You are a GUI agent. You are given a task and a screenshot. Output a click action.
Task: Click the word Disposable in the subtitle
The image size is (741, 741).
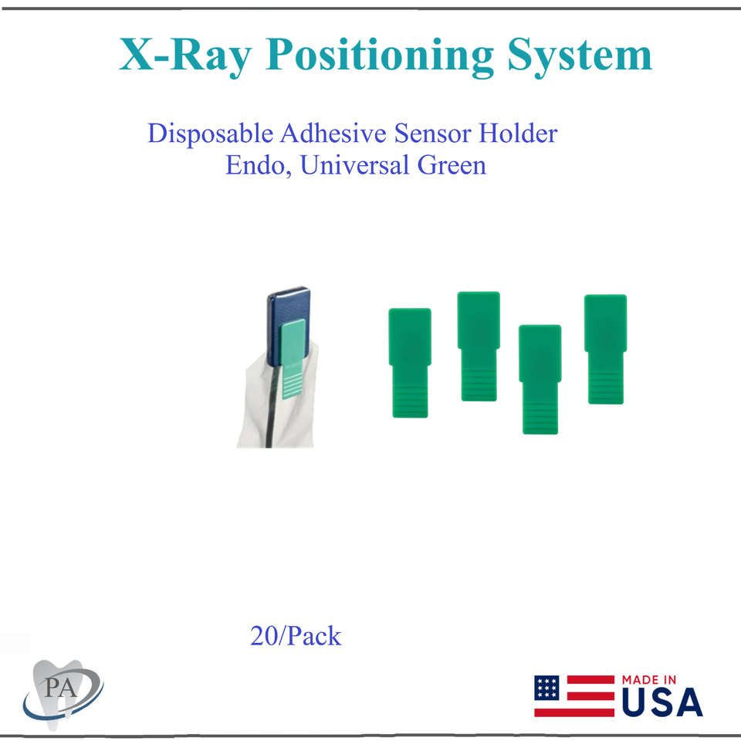pyautogui.click(x=210, y=134)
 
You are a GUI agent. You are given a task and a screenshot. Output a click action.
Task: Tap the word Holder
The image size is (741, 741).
pyautogui.click(x=517, y=134)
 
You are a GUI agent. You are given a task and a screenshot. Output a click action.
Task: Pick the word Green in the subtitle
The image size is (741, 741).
pyautogui.click(x=452, y=166)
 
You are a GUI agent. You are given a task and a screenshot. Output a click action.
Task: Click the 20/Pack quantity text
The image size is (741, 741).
pyautogui.click(x=296, y=637)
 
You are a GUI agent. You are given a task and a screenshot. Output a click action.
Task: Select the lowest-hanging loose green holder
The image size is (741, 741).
pyautogui.click(x=540, y=378)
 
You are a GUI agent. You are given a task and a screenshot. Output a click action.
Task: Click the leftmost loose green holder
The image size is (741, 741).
pyautogui.click(x=410, y=362)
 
